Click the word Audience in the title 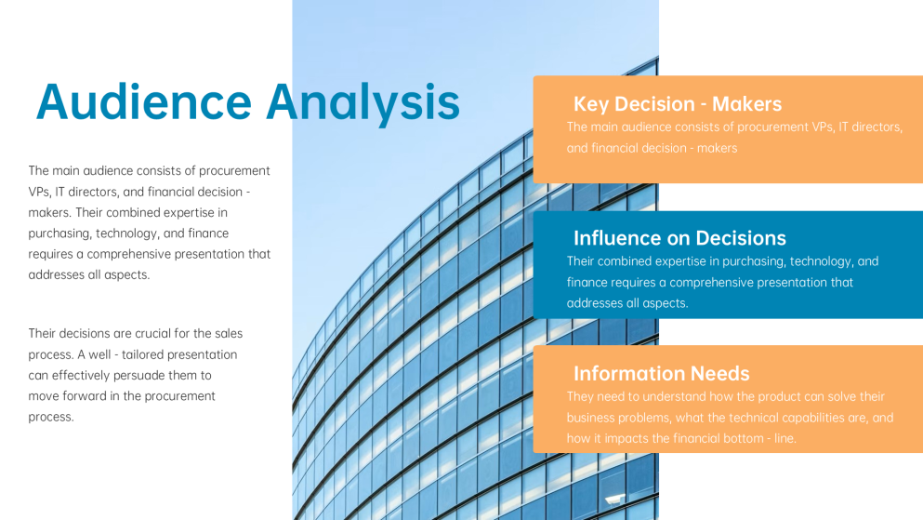click(x=144, y=102)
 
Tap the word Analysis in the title click(x=363, y=103)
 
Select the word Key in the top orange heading click(x=592, y=104)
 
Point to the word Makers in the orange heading click(x=746, y=103)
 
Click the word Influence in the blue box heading click(x=615, y=238)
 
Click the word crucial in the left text click(x=152, y=333)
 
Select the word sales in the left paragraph click(x=229, y=333)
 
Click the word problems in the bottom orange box click(x=641, y=418)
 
